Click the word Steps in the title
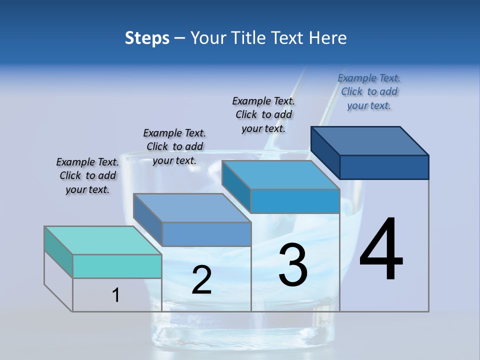pyautogui.click(x=147, y=38)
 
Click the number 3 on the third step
pyautogui.click(x=293, y=265)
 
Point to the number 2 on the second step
pyautogui.click(x=201, y=280)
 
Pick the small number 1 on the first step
pyautogui.click(x=116, y=295)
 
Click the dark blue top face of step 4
pyautogui.click(x=370, y=140)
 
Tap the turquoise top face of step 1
pyautogui.click(x=103, y=240)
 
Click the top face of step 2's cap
pyautogui.click(x=192, y=208)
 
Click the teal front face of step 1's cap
pyautogui.click(x=117, y=266)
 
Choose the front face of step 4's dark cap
pyautogui.click(x=384, y=167)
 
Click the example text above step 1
pyautogui.click(x=87, y=175)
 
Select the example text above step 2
pyautogui.click(x=174, y=146)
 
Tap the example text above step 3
pyautogui.click(x=263, y=114)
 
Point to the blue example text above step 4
pyautogui.click(x=369, y=91)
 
